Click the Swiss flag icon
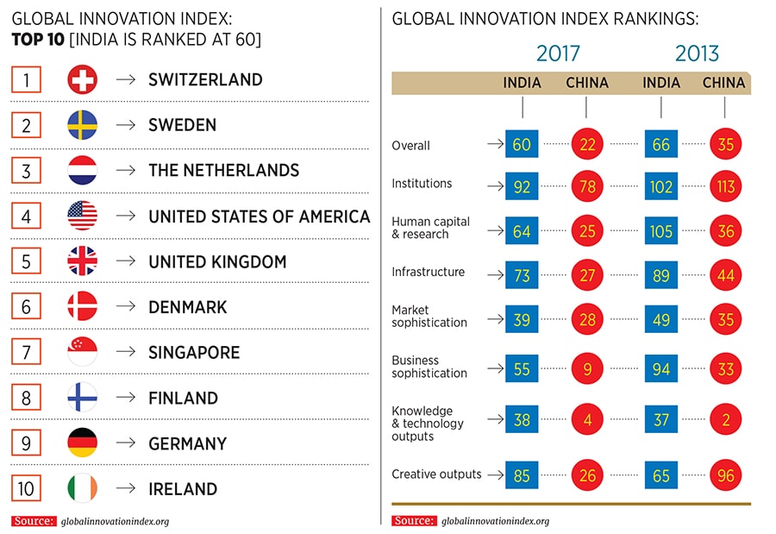pos(82,80)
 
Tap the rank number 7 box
pos(27,353)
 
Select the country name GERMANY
pos(187,443)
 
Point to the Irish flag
pos(82,488)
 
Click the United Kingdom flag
pos(82,261)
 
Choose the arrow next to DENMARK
pos(126,307)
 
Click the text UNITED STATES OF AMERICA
pos(259,217)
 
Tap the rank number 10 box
pos(27,488)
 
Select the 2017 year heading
pos(558,53)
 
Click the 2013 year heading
pos(697,53)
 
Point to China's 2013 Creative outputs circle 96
pos(725,475)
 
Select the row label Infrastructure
pos(429,272)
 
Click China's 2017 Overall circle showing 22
pos(586,145)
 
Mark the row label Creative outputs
pos(436,474)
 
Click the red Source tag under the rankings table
pos(413,520)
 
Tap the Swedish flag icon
pos(82,126)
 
